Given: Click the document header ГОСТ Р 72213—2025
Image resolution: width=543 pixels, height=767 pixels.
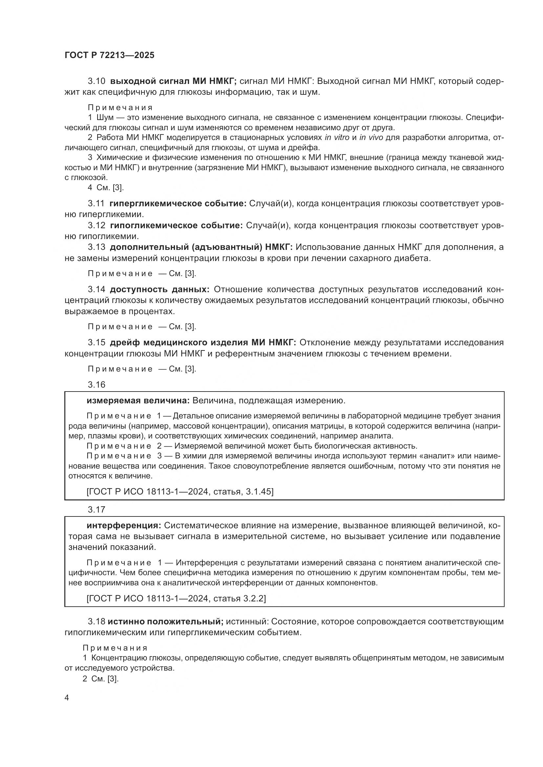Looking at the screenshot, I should coord(109,55).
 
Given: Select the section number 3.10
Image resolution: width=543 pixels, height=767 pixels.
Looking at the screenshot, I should coord(97,81).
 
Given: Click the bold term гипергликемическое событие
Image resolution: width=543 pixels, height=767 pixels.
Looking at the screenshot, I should coord(178,203).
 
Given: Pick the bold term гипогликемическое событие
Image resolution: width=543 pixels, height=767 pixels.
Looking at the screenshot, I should coord(176,226).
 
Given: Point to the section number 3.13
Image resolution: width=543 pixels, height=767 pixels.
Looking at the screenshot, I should coord(97,247).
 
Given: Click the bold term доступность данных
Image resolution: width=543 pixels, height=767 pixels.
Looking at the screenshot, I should coord(160,289).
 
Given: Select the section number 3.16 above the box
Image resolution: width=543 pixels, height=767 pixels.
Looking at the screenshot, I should coord(97,385).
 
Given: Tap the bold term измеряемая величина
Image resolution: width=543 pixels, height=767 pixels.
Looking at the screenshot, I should coord(138,400).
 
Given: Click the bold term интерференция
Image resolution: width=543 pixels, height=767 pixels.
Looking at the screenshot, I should coord(124,525).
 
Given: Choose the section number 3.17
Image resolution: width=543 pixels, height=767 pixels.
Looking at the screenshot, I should coord(97,510).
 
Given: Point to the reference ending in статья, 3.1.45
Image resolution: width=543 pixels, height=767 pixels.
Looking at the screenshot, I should coord(180,492).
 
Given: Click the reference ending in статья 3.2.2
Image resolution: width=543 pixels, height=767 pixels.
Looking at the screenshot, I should coord(176,598).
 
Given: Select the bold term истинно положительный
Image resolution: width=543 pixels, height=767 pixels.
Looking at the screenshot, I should coord(165,621).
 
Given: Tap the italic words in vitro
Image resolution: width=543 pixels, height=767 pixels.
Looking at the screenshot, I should coord(337,137).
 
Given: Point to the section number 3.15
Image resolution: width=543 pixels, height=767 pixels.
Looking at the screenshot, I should coord(97,342).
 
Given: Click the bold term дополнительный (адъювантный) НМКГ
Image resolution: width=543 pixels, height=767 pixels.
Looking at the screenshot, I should coord(201,247).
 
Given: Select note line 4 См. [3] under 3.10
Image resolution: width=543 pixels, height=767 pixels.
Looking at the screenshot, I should coord(106,188).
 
